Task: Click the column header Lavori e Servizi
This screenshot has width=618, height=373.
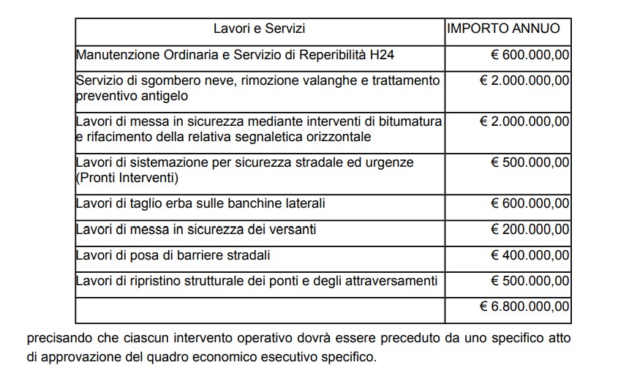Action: (259, 29)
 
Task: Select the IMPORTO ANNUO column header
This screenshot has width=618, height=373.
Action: (503, 29)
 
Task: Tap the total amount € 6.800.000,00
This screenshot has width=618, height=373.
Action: (524, 306)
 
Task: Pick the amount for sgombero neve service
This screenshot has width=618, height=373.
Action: (524, 80)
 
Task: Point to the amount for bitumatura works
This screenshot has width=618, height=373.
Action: (524, 121)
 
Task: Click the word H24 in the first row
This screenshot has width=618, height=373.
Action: (385, 55)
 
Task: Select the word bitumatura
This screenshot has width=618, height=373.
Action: (410, 121)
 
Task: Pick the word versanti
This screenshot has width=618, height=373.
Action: (293, 230)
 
